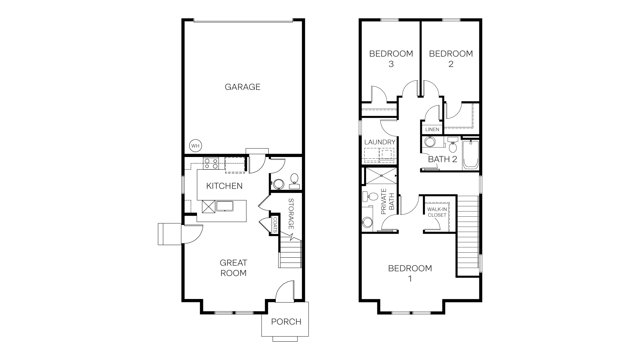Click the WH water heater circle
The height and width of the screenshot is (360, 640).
tap(196, 146)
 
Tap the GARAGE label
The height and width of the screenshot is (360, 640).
tap(242, 87)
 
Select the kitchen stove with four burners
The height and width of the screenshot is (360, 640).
tap(211, 163)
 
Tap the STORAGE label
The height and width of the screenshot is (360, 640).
tap(291, 214)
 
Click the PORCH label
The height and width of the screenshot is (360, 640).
tap(286, 322)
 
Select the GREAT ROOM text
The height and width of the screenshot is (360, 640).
tap(233, 268)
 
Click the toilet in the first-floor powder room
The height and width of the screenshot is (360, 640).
tap(294, 178)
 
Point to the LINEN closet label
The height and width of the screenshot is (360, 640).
tap(432, 129)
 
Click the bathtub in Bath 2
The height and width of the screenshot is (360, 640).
tap(470, 155)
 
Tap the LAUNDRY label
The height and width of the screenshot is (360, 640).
tap(380, 142)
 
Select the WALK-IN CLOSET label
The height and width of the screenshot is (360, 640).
tap(437, 212)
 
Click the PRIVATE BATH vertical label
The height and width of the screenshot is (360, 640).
tap(387, 201)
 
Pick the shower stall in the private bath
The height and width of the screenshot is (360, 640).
tap(380, 176)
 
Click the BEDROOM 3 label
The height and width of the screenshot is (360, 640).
tap(391, 58)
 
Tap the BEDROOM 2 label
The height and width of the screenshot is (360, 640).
tap(451, 58)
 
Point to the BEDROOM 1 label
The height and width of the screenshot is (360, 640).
tap(410, 273)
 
